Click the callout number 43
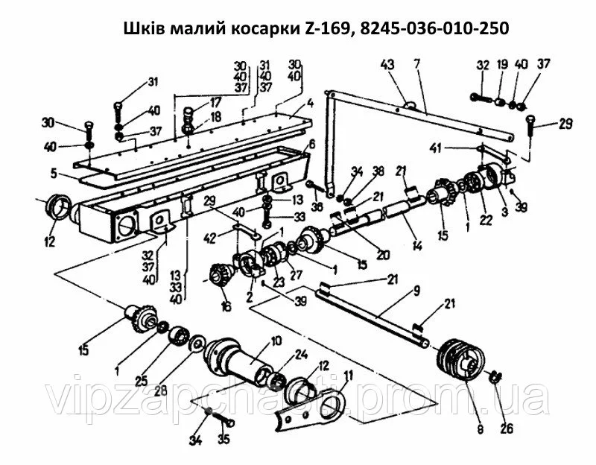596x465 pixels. coord(387,66)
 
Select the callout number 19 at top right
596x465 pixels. coord(502,64)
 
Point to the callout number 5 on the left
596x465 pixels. coord(54,174)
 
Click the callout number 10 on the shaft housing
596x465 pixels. coord(276,341)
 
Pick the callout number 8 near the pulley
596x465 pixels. coord(481,429)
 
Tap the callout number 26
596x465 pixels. coord(507,428)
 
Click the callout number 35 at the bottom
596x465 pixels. coord(224,439)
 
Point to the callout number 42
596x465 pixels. coord(210,238)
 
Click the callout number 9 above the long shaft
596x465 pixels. coord(416,292)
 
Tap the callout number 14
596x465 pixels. coord(417,246)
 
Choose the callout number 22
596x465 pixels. coord(486,220)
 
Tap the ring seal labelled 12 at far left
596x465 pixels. coord(57,207)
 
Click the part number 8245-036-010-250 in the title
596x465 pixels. coord(434,28)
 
